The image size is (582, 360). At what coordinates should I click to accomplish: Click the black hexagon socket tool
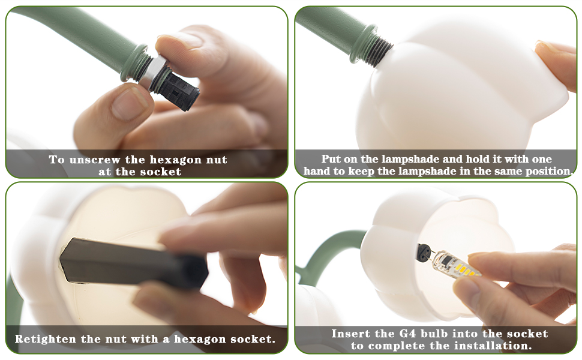point(134,264)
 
